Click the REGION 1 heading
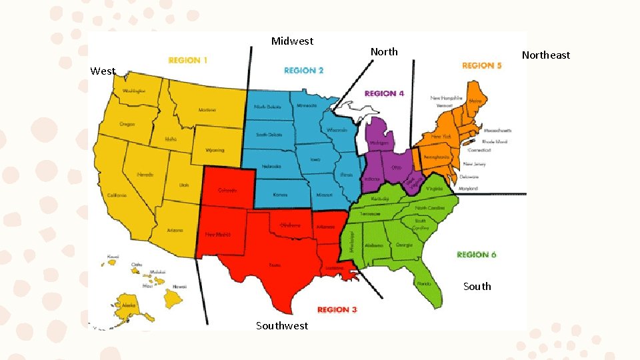(188, 61)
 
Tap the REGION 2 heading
(304, 70)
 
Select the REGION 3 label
(337, 310)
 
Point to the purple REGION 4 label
(384, 94)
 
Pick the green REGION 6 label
(477, 254)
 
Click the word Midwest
(292, 41)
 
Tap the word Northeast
(546, 55)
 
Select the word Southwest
(282, 325)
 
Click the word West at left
(103, 71)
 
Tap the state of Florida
(423, 283)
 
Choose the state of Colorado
(227, 190)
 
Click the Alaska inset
(129, 305)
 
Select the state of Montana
(207, 109)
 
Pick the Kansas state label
(280, 195)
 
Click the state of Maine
(475, 101)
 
